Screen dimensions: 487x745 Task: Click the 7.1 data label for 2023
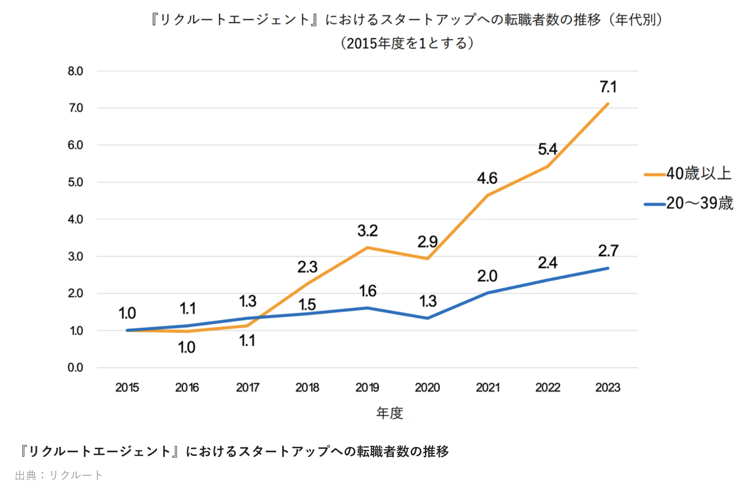[x=608, y=87]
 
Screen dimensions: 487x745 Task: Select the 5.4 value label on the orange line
[x=548, y=150]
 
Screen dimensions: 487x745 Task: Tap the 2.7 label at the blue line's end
[x=608, y=251]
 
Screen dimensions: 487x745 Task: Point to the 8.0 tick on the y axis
[x=75, y=71]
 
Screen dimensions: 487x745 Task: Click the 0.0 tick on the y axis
[x=75, y=368]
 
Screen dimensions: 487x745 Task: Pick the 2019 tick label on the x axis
[x=367, y=387]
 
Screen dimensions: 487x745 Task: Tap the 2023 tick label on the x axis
[x=608, y=387]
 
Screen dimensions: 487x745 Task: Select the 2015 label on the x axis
[x=127, y=387]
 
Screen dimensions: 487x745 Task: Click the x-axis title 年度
[x=389, y=413]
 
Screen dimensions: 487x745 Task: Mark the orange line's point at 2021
[x=488, y=195]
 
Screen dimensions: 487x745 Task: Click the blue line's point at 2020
[x=427, y=319]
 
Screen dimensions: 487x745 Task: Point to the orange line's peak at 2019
[x=367, y=247]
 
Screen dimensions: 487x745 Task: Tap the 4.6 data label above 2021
[x=487, y=178]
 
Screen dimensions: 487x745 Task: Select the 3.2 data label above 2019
[x=367, y=231]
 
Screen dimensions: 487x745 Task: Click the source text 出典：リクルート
[x=59, y=475]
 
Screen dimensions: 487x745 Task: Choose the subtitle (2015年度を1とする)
[x=407, y=43]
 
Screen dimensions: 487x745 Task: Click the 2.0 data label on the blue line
[x=487, y=276]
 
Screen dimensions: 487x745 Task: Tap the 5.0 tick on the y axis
[x=75, y=182]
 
